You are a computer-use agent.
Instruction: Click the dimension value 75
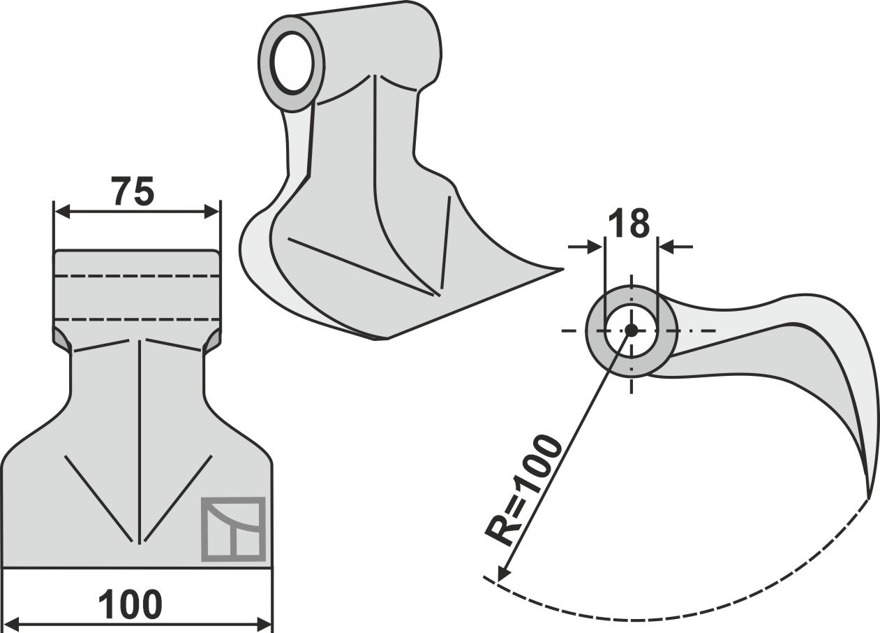click(x=132, y=192)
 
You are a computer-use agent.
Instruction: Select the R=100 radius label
click(x=524, y=490)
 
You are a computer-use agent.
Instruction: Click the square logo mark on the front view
click(x=233, y=529)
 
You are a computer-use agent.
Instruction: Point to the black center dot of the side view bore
click(x=631, y=330)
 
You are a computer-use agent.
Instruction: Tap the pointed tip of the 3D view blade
click(x=560, y=269)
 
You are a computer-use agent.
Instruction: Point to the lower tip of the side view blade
click(x=868, y=496)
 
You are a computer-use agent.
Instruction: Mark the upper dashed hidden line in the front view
click(x=137, y=276)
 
